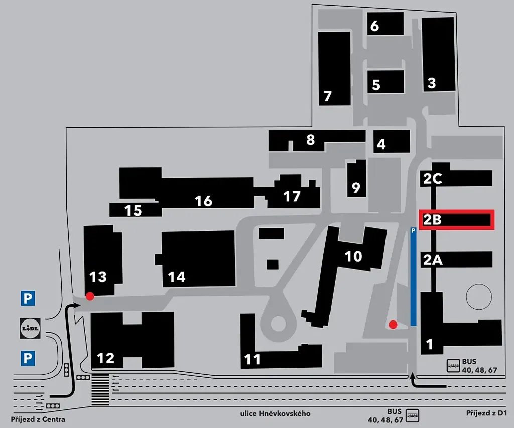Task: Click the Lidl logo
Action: pyautogui.click(x=30, y=329)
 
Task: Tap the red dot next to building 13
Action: pyautogui.click(x=90, y=296)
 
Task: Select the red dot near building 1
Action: pyautogui.click(x=393, y=325)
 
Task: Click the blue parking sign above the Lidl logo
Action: pyautogui.click(x=28, y=298)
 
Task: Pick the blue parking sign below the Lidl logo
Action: pyautogui.click(x=28, y=358)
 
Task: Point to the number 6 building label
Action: pyautogui.click(x=374, y=26)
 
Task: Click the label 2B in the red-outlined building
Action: pyautogui.click(x=432, y=220)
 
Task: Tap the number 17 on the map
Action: pyautogui.click(x=292, y=196)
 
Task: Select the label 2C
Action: pyautogui.click(x=433, y=179)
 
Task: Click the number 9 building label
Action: pyautogui.click(x=356, y=187)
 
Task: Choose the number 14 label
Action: pyautogui.click(x=177, y=277)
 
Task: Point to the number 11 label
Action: pyautogui.click(x=252, y=360)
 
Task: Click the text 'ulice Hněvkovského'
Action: pyautogui.click(x=276, y=413)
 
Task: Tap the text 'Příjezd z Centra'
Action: pyautogui.click(x=38, y=419)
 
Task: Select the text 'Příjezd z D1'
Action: pyautogui.click(x=486, y=413)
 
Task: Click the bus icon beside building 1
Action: pyautogui.click(x=454, y=365)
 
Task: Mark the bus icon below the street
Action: pyautogui.click(x=412, y=415)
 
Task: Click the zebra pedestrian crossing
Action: pyautogui.click(x=100, y=389)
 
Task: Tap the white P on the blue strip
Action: pyautogui.click(x=413, y=231)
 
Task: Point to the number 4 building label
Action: pyautogui.click(x=381, y=144)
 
